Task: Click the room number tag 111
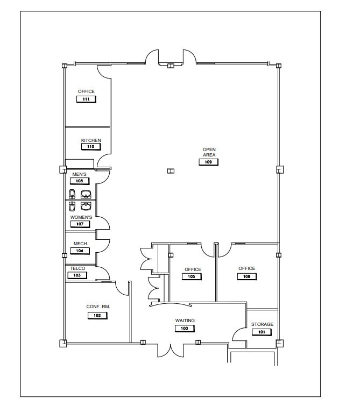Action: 86,99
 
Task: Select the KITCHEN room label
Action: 91,140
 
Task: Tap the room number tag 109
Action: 209,162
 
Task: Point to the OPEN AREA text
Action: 209,152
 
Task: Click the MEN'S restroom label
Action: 79,174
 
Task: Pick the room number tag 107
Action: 79,224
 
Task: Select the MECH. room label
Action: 81,244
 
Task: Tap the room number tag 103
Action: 77,275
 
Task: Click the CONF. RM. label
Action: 98,307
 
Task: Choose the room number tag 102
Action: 97,316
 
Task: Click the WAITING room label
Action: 185,321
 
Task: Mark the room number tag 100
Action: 185,328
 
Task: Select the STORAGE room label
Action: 262,324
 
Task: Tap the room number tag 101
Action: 262,332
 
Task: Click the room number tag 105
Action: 192,277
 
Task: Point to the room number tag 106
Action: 247,276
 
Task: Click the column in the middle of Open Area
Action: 171,171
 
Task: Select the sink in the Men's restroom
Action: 85,194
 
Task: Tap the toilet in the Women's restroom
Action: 72,206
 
